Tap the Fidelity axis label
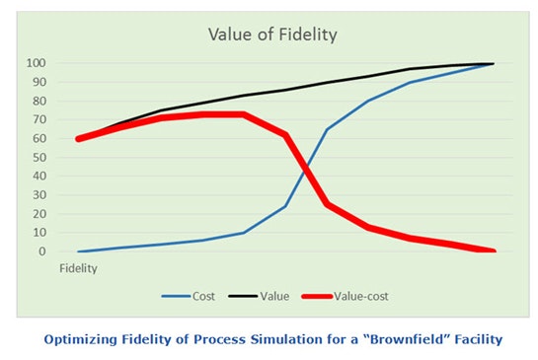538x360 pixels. [x=79, y=267]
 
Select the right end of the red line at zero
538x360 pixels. [x=491, y=251]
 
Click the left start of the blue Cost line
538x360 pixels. [x=79, y=252]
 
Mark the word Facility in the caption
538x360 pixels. [x=471, y=340]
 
